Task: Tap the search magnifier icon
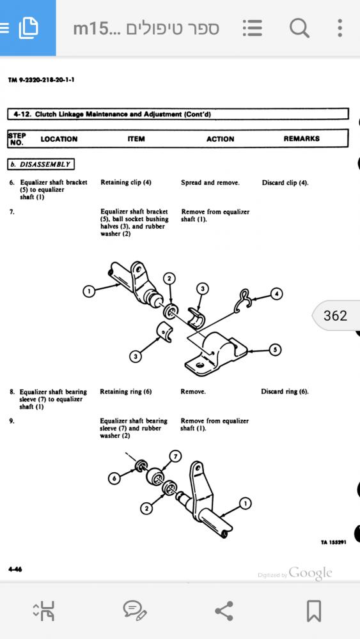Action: coord(299,29)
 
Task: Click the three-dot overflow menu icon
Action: coord(340,28)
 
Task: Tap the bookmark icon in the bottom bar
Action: coord(313,611)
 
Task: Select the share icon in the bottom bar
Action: coord(224,611)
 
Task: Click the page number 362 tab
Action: coord(336,316)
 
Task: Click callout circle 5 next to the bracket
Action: coord(275,350)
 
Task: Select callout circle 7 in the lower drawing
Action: coord(175,456)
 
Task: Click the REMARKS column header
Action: coord(302,139)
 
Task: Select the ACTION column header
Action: coord(220,139)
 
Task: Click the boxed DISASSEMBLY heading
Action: coord(41,164)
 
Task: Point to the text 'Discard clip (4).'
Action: coord(285,183)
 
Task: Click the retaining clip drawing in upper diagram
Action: coord(243,302)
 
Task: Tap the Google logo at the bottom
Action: coord(310,573)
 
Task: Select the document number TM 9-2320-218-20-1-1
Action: coord(41,80)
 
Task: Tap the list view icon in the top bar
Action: coord(253,29)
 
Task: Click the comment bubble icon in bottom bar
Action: coord(135,611)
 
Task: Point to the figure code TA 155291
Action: coord(334,543)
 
